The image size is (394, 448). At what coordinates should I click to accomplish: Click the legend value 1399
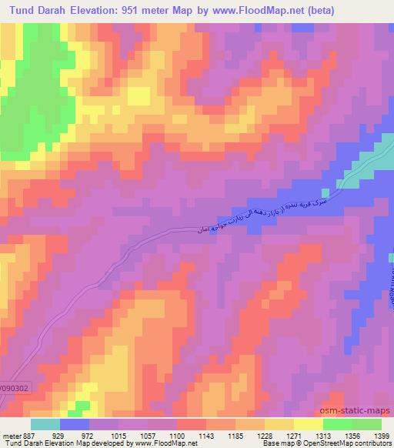[x=381, y=434]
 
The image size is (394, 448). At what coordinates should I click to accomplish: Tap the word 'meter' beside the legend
[x=9, y=434]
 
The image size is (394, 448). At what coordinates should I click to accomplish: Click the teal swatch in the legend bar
[x=45, y=423]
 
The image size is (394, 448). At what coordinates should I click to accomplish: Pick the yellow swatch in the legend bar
[x=308, y=423]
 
